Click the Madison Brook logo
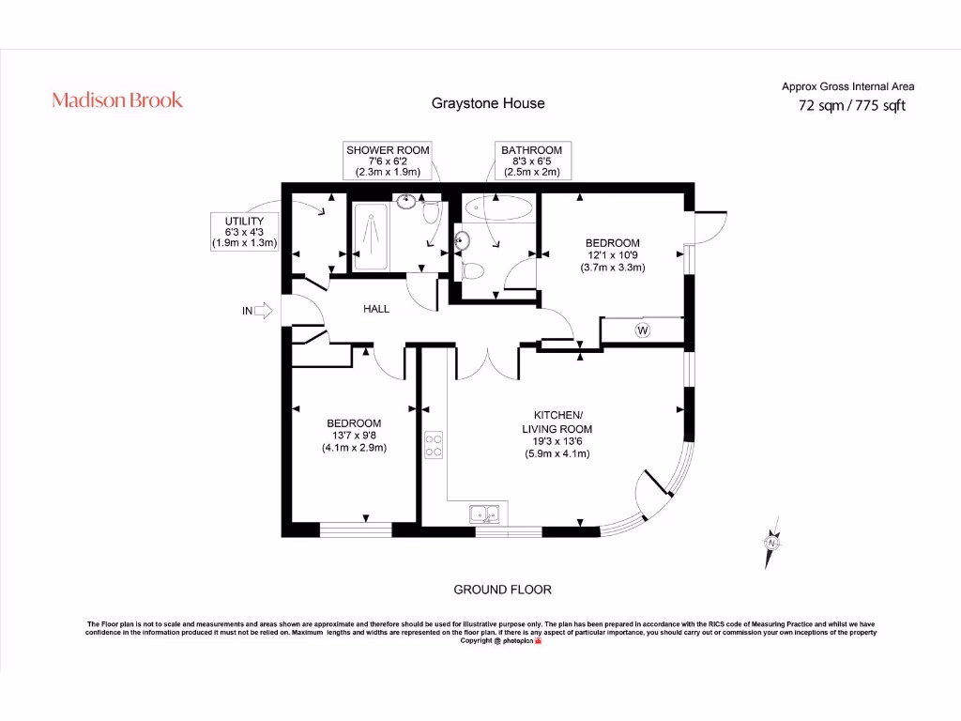(x=117, y=100)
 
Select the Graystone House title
(x=488, y=103)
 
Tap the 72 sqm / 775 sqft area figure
(x=852, y=105)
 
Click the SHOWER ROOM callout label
(x=388, y=161)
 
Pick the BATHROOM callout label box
(x=532, y=161)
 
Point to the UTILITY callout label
(x=245, y=232)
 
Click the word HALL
(x=376, y=309)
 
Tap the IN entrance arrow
(x=263, y=311)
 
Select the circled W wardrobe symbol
(x=642, y=330)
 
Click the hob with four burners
(x=434, y=445)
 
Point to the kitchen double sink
(x=485, y=514)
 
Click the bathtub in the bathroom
(x=497, y=207)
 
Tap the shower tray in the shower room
(x=371, y=237)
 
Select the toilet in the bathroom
(x=472, y=270)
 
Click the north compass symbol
(x=771, y=543)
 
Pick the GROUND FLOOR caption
(x=503, y=590)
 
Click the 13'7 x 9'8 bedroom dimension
(x=354, y=436)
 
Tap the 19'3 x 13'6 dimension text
(x=557, y=441)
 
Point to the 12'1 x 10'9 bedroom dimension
(x=613, y=255)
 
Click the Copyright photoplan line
(x=501, y=640)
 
